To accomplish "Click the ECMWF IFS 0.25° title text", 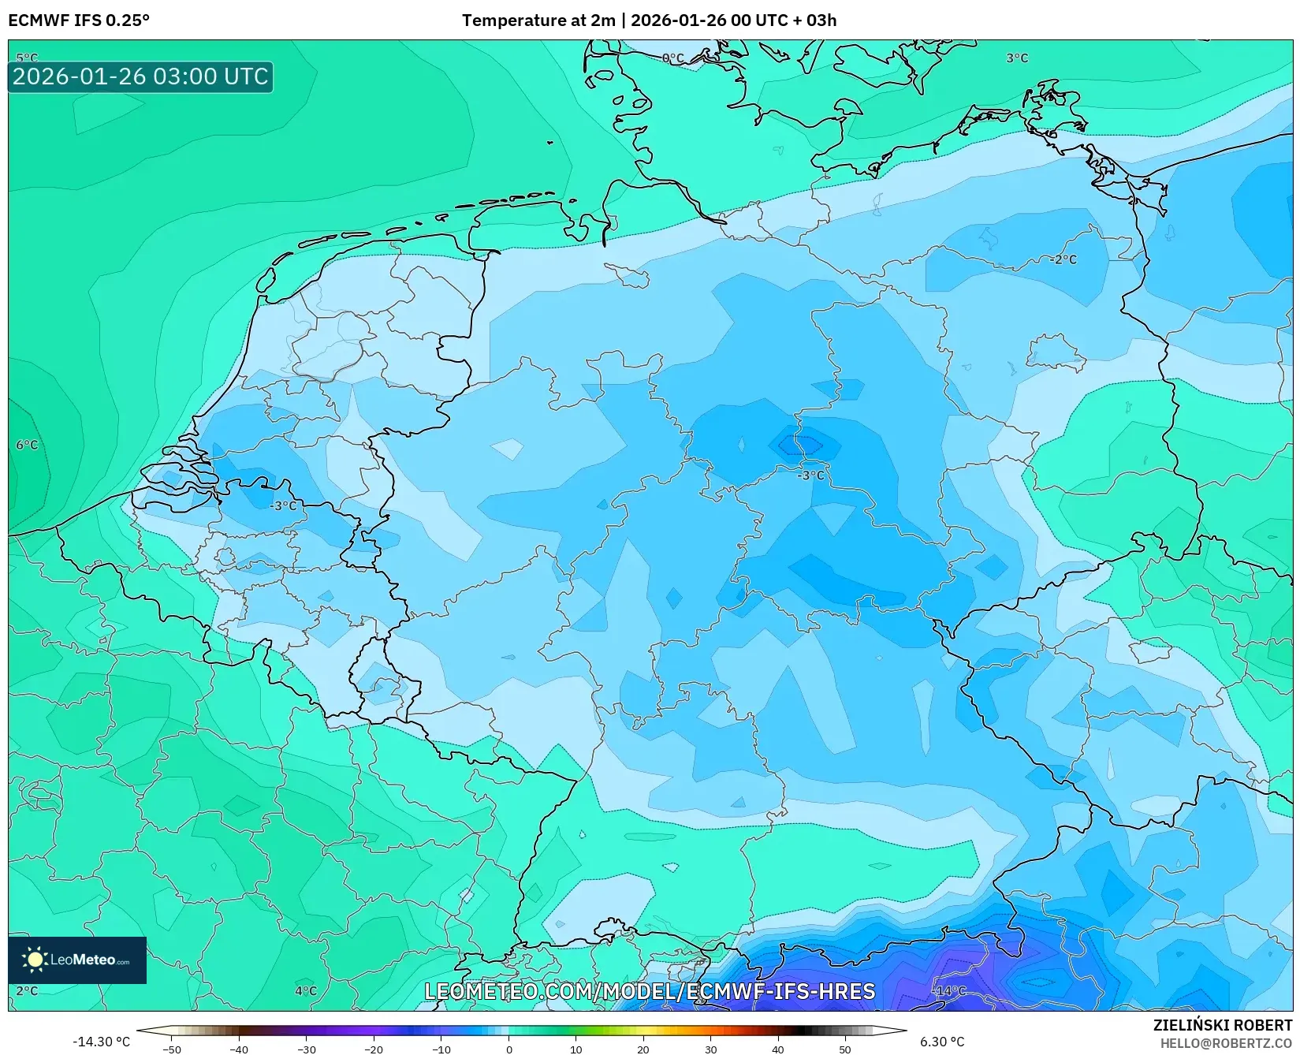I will [79, 21].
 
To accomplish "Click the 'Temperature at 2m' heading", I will [538, 21].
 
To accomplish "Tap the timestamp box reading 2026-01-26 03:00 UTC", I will [140, 76].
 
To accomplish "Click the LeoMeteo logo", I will [77, 960].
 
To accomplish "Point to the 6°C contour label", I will [27, 445].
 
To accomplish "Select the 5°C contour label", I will [27, 58].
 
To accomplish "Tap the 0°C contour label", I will [673, 58].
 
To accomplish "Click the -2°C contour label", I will [1063, 259].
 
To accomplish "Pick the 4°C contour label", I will [306, 991].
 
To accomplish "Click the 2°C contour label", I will [27, 991].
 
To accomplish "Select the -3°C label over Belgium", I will [284, 506].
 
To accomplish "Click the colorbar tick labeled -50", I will [171, 1049].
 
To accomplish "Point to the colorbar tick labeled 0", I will [509, 1049].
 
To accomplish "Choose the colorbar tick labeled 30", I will [711, 1049].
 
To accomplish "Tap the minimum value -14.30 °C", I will [101, 1042].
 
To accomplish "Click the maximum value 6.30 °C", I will [942, 1042].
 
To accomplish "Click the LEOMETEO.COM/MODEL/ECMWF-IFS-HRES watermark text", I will [650, 991].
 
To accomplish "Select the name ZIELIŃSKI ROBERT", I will [1223, 1025].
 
